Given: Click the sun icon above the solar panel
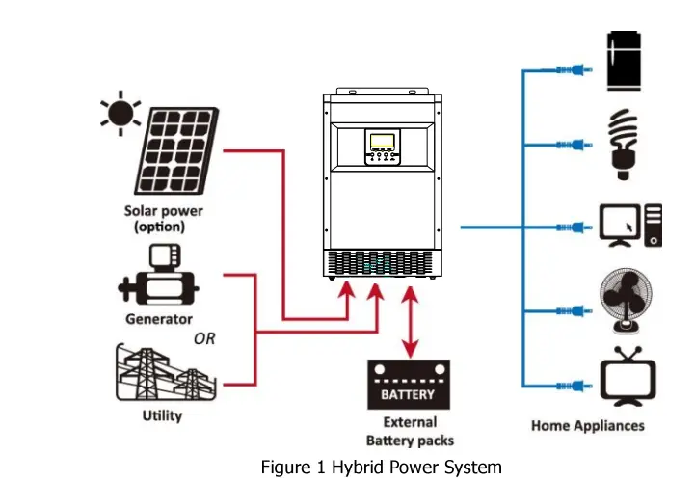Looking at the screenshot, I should point(120,114).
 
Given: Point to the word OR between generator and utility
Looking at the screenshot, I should point(204,338).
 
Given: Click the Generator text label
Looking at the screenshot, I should point(159,319).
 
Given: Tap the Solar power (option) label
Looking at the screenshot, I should point(163,219).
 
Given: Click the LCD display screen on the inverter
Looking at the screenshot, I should point(382,143).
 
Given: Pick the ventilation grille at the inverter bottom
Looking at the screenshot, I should point(384,263).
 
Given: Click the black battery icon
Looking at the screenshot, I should point(409,384).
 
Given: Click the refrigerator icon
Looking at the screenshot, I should point(626,61).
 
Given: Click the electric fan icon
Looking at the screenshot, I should point(626,298).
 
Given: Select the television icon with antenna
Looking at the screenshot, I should point(628,377).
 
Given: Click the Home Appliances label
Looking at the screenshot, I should point(588,425).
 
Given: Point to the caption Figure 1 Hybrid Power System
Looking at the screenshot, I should point(381,467).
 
